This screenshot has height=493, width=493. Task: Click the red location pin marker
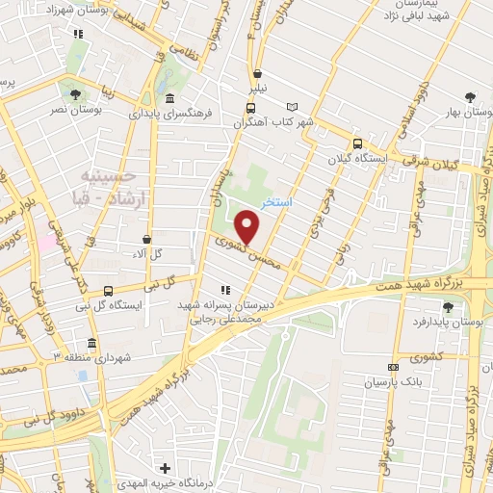point(247,227)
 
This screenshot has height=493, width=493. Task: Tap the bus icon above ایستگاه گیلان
point(358,143)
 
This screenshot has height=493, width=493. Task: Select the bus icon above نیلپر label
point(257,74)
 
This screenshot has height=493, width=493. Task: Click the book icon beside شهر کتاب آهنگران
point(294,107)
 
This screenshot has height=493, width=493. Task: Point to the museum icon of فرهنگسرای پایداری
point(170,99)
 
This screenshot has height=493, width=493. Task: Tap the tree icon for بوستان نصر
point(75,94)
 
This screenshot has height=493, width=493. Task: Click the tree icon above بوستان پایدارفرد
point(448,307)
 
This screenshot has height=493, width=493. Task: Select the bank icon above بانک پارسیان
point(392,367)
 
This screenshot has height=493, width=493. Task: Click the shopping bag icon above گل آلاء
point(146,239)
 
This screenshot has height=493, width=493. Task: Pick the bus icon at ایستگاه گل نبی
point(107,291)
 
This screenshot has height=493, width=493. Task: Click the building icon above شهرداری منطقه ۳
point(91,343)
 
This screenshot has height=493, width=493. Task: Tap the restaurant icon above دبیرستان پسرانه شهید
point(225,289)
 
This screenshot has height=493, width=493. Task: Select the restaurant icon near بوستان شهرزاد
point(79,34)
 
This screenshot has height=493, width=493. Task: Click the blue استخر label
point(277,204)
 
